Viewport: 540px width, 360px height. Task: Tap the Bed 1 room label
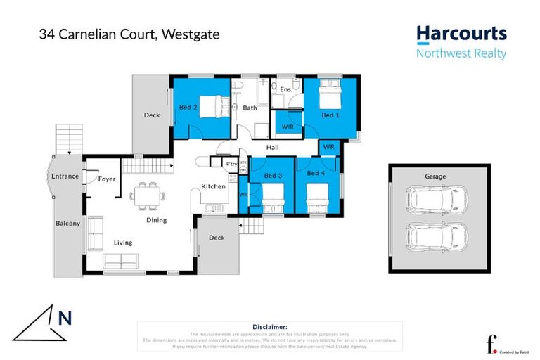tap(329, 115)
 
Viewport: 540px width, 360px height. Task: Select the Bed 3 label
tap(273, 175)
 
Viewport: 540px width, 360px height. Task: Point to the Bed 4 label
tap(316, 173)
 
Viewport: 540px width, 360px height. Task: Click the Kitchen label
tap(213, 186)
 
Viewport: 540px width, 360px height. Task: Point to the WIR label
tap(288, 127)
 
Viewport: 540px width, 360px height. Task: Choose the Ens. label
tap(286, 90)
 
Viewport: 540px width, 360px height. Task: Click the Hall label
tap(273, 148)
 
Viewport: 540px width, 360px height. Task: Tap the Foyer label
tap(107, 179)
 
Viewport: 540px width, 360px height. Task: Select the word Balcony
tap(68, 224)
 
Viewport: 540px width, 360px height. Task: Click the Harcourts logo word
tap(461, 33)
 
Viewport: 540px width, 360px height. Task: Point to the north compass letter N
tap(65, 319)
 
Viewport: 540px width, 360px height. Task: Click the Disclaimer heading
tap(269, 327)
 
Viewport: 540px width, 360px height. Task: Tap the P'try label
tap(231, 165)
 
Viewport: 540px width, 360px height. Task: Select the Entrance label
tap(65, 176)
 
